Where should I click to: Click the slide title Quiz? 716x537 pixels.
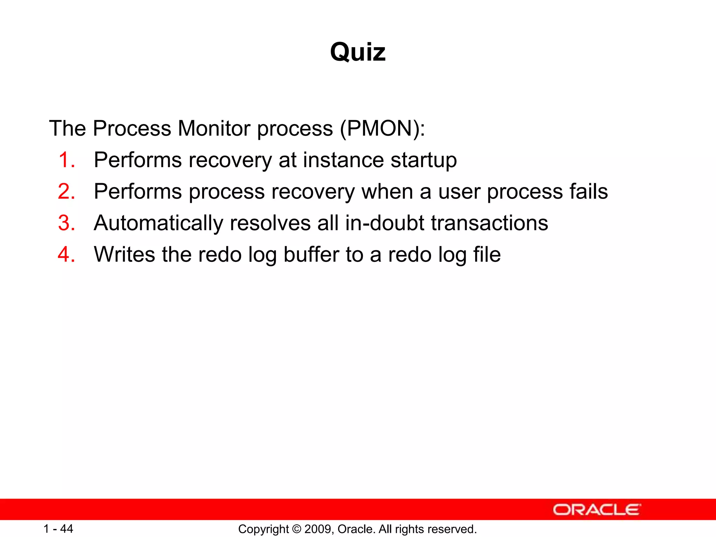[x=358, y=52]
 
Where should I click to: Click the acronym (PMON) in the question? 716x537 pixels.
[x=382, y=128]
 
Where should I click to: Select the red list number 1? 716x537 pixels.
[x=66, y=160]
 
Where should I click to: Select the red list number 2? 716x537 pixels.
[x=66, y=192]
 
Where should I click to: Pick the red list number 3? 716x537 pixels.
[x=66, y=223]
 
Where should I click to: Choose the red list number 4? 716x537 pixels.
[x=66, y=255]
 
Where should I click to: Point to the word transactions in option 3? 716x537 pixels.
[x=489, y=223]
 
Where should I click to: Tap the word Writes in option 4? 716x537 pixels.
[x=124, y=255]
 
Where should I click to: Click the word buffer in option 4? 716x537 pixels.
[x=311, y=255]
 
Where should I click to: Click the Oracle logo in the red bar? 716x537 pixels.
[x=596, y=510]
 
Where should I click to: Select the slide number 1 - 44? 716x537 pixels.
[x=58, y=529]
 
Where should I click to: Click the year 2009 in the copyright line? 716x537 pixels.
[x=316, y=529]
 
